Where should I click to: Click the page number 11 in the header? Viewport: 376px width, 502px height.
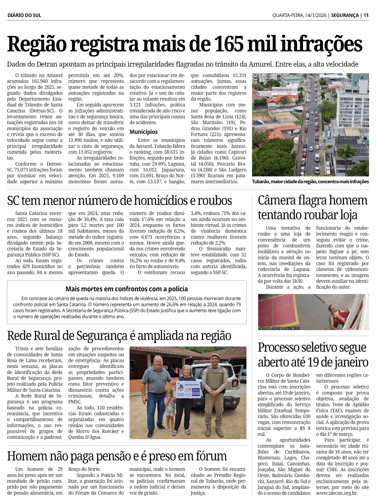pos(366,15)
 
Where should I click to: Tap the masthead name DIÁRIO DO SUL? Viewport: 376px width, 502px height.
pos(24,15)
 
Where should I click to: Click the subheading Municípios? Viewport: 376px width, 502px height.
pos(144,132)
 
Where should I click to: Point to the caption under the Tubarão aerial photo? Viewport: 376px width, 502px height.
pos(310,182)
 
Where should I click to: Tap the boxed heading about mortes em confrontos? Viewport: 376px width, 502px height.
pos(126,289)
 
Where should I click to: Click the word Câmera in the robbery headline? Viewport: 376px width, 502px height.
pos(277,201)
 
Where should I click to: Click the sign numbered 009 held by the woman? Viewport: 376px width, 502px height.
pos(196,393)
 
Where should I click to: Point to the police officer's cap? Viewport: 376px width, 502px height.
pos(215,356)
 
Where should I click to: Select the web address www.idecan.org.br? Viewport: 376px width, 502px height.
pos(337,493)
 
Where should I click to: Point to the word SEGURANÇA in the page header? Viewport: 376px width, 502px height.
pos(344,15)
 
